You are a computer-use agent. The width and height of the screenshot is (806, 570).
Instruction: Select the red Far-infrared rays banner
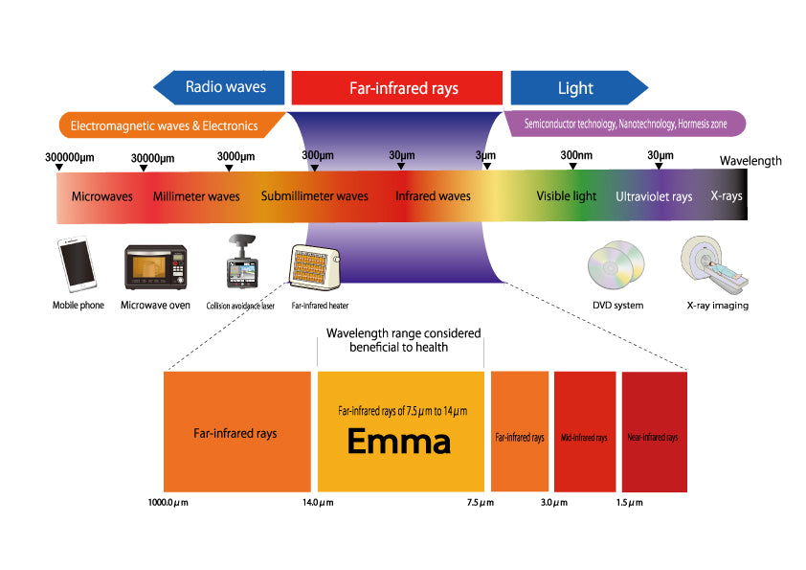(396, 88)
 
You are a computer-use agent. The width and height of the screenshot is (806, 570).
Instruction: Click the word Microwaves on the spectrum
(102, 196)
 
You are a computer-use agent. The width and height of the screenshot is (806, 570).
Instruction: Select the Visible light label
(566, 196)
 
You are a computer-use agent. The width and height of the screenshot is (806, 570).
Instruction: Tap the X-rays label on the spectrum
(726, 195)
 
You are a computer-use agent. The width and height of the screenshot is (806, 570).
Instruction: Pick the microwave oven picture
(156, 267)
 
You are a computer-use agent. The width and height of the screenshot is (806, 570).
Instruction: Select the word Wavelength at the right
(750, 161)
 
